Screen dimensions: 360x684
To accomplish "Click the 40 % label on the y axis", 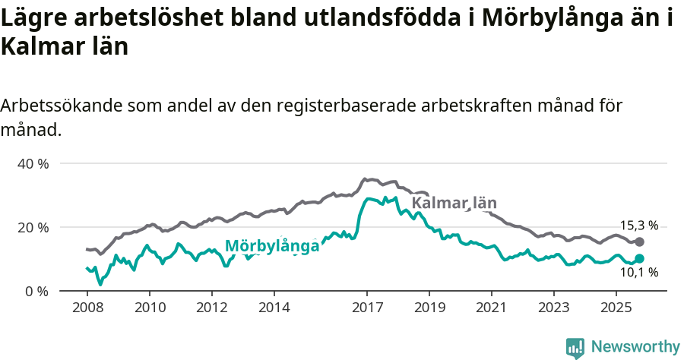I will pyautogui.click(x=32, y=163).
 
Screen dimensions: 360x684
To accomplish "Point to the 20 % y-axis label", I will pyautogui.click(x=32, y=227).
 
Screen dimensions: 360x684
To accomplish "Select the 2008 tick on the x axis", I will pyautogui.click(x=87, y=308).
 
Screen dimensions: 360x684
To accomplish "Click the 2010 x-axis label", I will pyautogui.click(x=149, y=308).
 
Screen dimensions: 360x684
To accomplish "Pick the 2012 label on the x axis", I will pyautogui.click(x=211, y=308).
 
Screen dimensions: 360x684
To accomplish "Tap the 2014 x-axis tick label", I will pyautogui.click(x=274, y=308).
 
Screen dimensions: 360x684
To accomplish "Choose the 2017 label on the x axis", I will pyautogui.click(x=367, y=308).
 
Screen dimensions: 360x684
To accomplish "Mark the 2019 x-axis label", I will pyautogui.click(x=429, y=308).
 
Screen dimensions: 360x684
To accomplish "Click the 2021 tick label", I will pyautogui.click(x=492, y=308).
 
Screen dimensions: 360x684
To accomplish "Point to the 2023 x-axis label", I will pyautogui.click(x=554, y=308).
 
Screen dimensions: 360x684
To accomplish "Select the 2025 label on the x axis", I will pyautogui.click(x=616, y=308).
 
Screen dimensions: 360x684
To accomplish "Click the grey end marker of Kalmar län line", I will pyautogui.click(x=639, y=242).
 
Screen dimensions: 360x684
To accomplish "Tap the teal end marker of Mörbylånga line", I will pyautogui.click(x=639, y=259).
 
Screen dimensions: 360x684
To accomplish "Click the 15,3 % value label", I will pyautogui.click(x=639, y=226).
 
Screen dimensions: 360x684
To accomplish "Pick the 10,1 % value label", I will pyautogui.click(x=639, y=273).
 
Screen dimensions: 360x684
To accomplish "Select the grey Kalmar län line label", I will pyautogui.click(x=454, y=203).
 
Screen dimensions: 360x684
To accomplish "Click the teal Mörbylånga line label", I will pyautogui.click(x=272, y=246).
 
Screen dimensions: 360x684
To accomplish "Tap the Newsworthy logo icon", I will pyautogui.click(x=575, y=347).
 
